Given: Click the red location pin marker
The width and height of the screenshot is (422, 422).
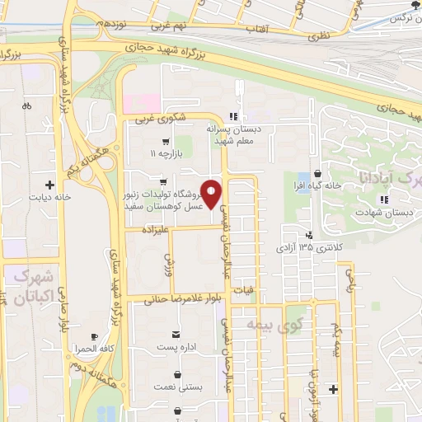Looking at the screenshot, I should (x=212, y=195).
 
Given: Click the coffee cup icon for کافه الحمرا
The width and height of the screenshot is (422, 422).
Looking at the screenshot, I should (x=93, y=337).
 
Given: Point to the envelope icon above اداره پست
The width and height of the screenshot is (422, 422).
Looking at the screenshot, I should (x=176, y=334).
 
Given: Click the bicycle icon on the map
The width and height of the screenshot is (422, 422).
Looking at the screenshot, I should (x=27, y=105).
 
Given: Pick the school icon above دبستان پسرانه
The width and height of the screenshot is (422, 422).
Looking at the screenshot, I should (x=234, y=116).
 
